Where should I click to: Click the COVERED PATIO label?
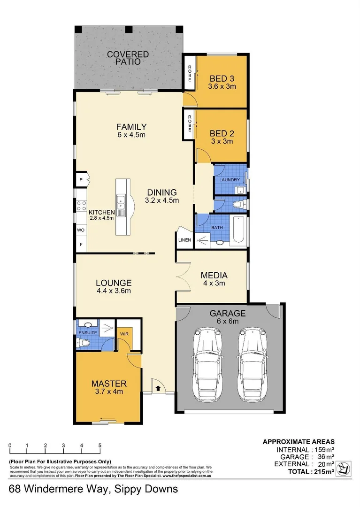128,58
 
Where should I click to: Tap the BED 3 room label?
222,78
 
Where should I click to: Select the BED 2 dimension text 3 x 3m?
222,141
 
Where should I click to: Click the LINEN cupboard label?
184,240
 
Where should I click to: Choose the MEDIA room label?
214,275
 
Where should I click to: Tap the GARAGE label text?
228,313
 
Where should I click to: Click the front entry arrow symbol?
158,388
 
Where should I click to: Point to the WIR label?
124,334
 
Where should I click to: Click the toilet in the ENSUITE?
84,344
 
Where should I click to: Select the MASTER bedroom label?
109,384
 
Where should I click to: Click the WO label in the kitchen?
80,230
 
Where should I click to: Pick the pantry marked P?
81,179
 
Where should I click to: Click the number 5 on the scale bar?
100,446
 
